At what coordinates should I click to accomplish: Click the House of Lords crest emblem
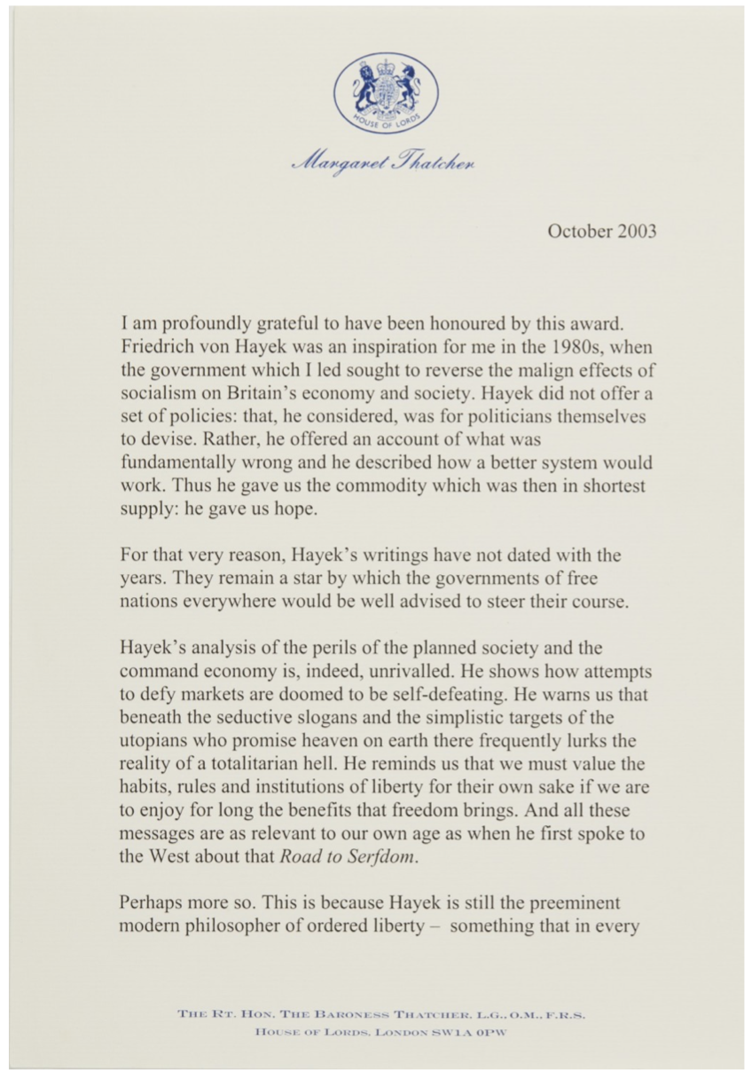(x=385, y=93)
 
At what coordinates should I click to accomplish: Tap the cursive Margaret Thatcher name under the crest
(x=384, y=163)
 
